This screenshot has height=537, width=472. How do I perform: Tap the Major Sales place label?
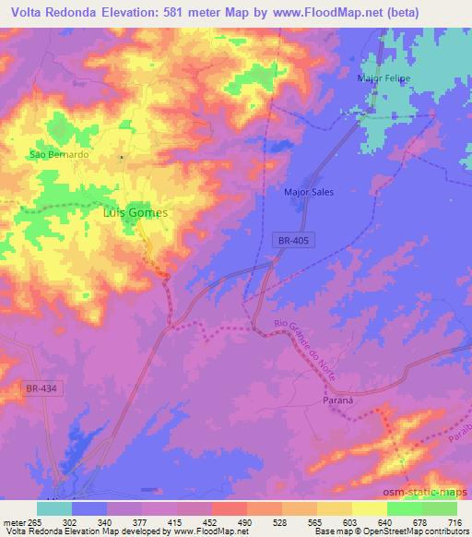[x=309, y=192]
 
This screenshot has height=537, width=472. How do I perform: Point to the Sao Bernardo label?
[x=59, y=154]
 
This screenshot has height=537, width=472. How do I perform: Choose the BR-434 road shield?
[x=41, y=388]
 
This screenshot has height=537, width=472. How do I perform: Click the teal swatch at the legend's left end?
[x=53, y=508]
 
